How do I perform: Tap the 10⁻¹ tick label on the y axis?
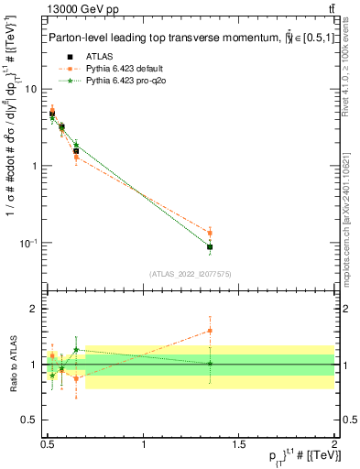30,243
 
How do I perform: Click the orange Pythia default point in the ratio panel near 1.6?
211,331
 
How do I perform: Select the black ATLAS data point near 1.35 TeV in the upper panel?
211,247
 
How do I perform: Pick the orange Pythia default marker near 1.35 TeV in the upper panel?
211,233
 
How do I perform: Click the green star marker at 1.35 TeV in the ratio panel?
211,364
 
